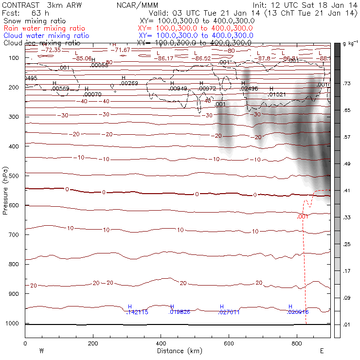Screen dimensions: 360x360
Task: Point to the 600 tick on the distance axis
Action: [x=229, y=343]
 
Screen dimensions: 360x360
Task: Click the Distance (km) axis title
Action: [x=177, y=351]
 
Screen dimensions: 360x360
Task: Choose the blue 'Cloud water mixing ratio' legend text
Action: [x=46, y=36]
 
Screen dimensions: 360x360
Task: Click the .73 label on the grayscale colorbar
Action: [x=347, y=84]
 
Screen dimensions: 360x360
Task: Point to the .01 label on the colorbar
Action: [x=347, y=324]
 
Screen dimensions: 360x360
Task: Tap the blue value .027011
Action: [x=229, y=312]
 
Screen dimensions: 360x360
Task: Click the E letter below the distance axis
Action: [x=322, y=351]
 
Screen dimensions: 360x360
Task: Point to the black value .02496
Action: [x=249, y=89]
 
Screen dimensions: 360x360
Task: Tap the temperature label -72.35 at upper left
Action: [x=51, y=50]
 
